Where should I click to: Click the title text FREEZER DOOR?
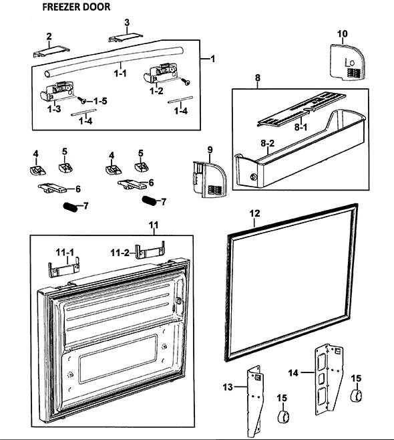pos(76,7)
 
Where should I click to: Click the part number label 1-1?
pos(120,74)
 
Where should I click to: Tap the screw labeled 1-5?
pos(83,100)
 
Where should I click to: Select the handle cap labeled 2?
pos(51,51)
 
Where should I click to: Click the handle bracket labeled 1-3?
pos(57,91)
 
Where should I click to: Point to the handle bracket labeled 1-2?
pos(161,74)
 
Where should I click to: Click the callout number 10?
pos(343,33)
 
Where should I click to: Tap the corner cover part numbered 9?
pos(210,180)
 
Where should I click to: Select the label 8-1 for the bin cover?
pos(301,127)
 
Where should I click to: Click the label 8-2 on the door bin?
pos(268,143)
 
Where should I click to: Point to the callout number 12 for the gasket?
pos(254,213)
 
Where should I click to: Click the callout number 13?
pos(228,387)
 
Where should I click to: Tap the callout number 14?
pos(293,373)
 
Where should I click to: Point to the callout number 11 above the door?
pos(154,225)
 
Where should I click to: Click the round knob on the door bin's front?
pos(254,177)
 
